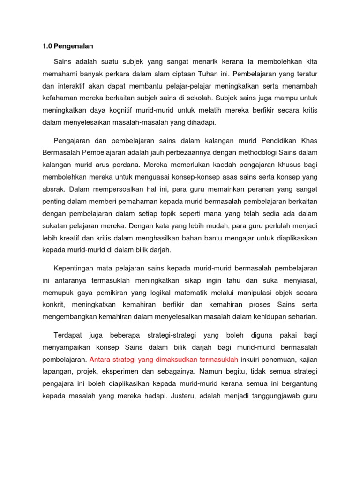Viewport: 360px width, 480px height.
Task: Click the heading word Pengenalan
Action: point(74,46)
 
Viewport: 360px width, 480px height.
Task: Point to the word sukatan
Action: point(55,226)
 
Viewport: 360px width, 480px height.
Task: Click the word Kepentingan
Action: point(75,269)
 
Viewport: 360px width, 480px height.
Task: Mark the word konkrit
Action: point(52,305)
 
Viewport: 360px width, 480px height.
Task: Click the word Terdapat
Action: point(68,335)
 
